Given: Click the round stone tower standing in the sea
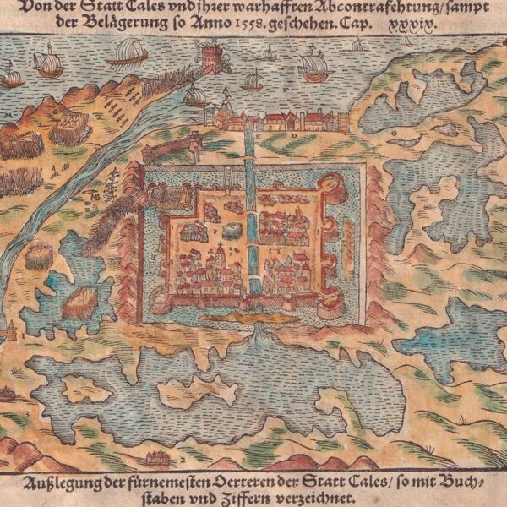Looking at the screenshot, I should pos(210,58).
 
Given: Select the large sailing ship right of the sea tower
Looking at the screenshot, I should pos(313,65).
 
